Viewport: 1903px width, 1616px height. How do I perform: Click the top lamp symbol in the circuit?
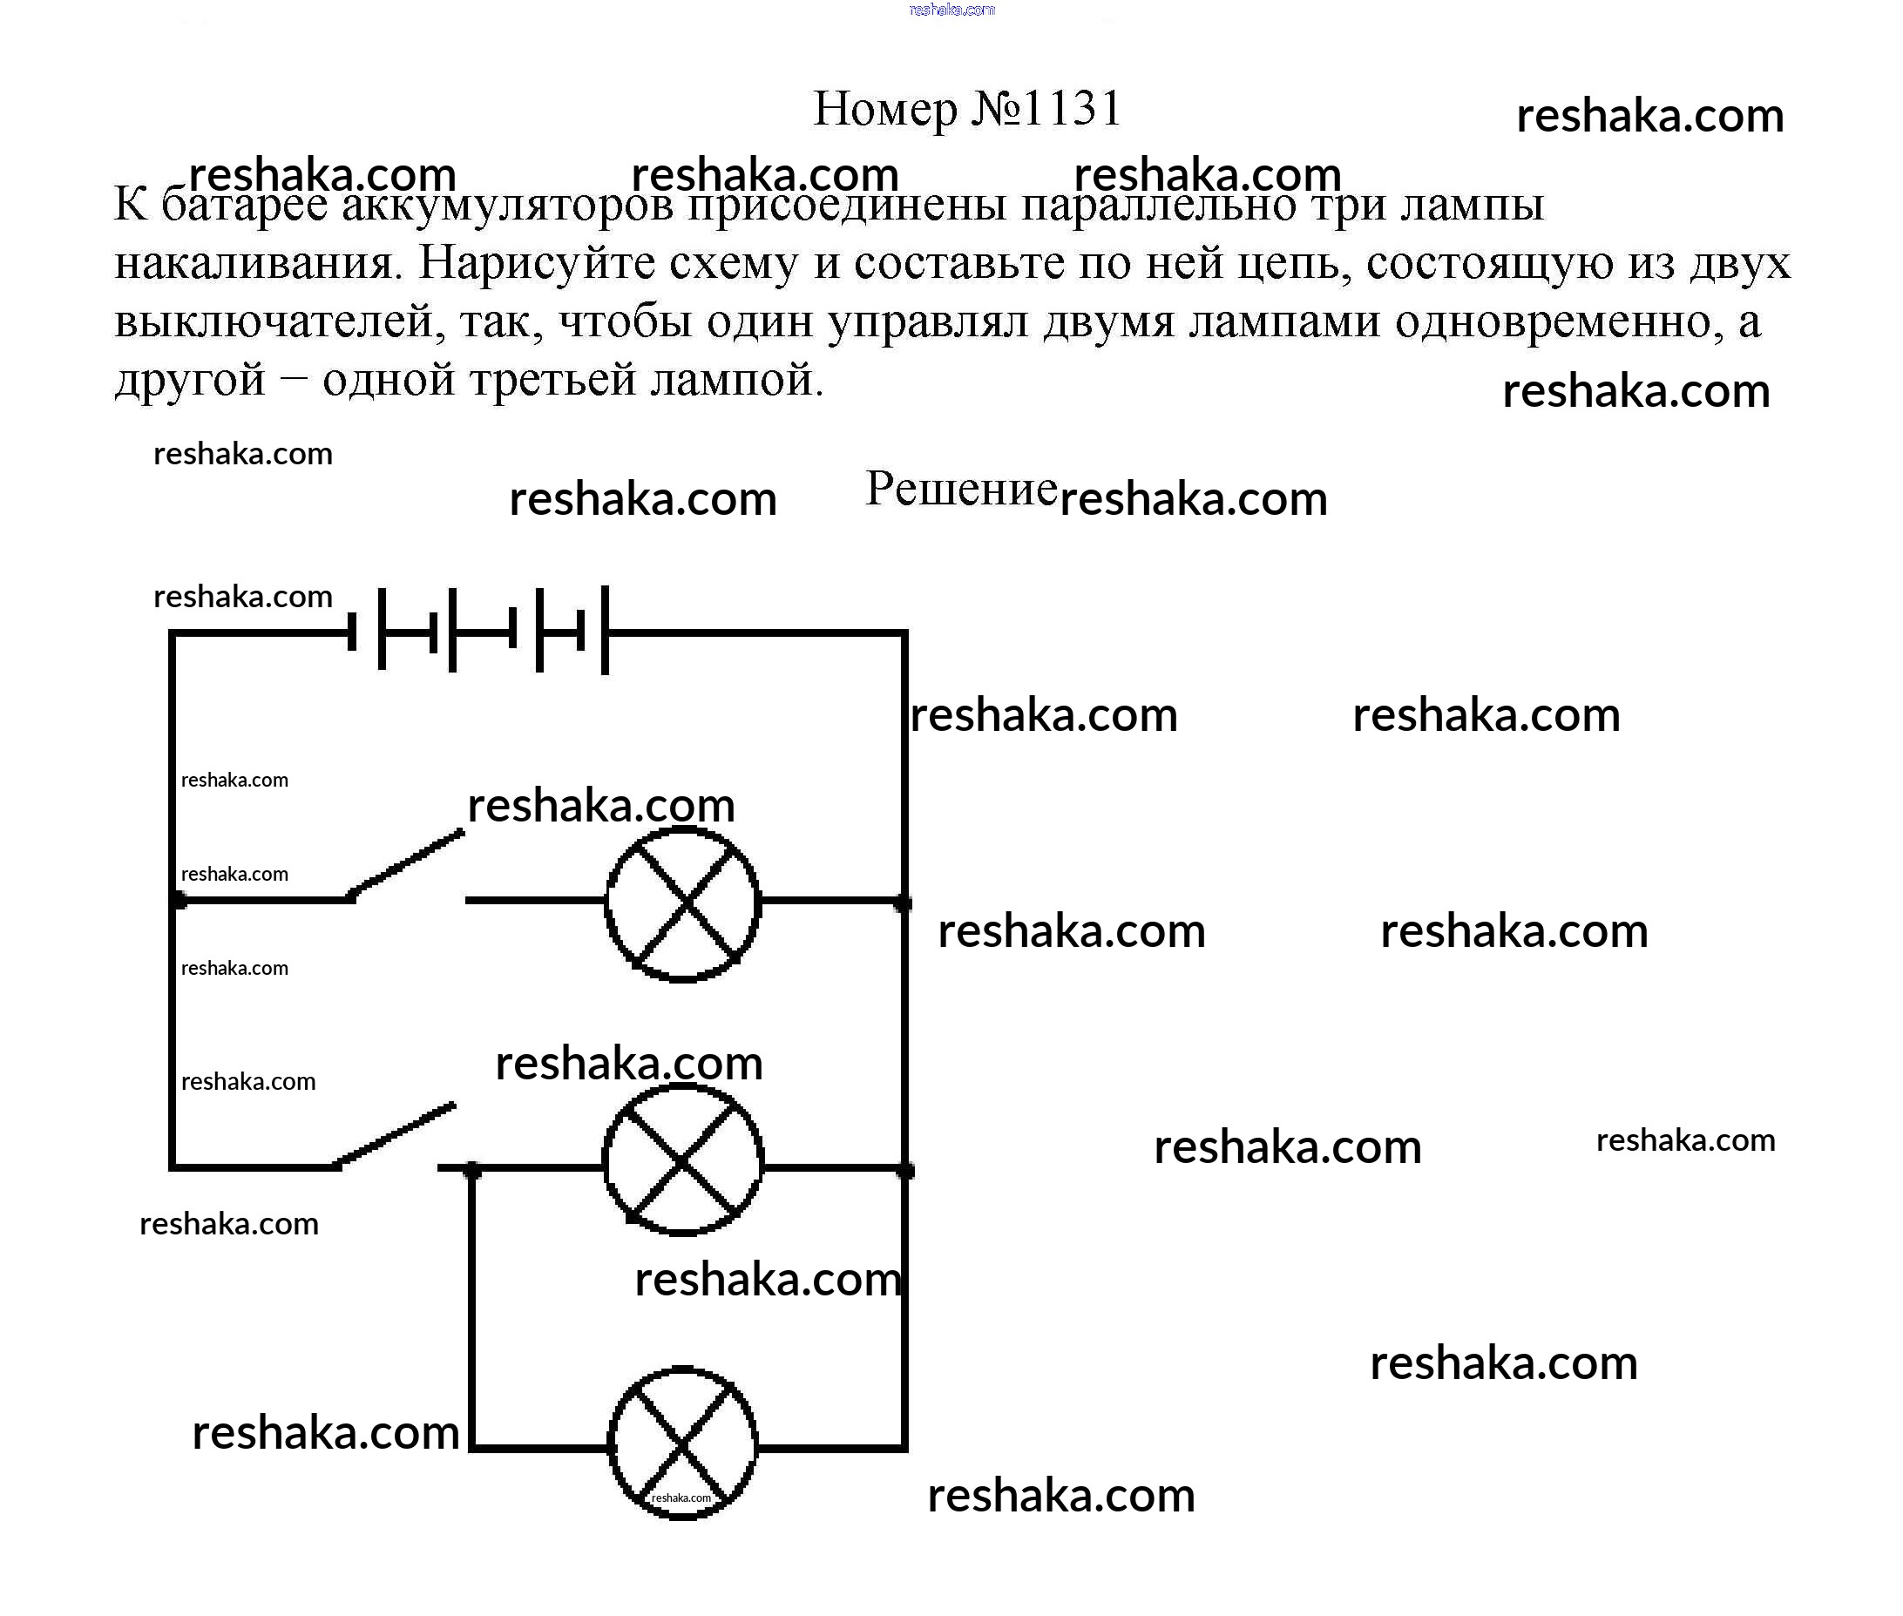682,903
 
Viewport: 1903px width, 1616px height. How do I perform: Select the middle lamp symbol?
682,1160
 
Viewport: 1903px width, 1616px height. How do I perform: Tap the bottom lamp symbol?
682,1444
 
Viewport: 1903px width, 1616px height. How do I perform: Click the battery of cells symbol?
479,630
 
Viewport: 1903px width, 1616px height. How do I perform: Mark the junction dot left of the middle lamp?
472,1170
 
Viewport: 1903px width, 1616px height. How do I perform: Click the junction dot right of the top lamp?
904,903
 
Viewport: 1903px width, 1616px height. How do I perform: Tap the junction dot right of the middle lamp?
905,1170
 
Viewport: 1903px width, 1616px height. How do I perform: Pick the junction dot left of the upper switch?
179,902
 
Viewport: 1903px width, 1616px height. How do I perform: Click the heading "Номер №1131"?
966,109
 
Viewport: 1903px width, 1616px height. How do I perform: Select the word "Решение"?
961,488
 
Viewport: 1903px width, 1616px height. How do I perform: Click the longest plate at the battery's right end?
605,630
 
